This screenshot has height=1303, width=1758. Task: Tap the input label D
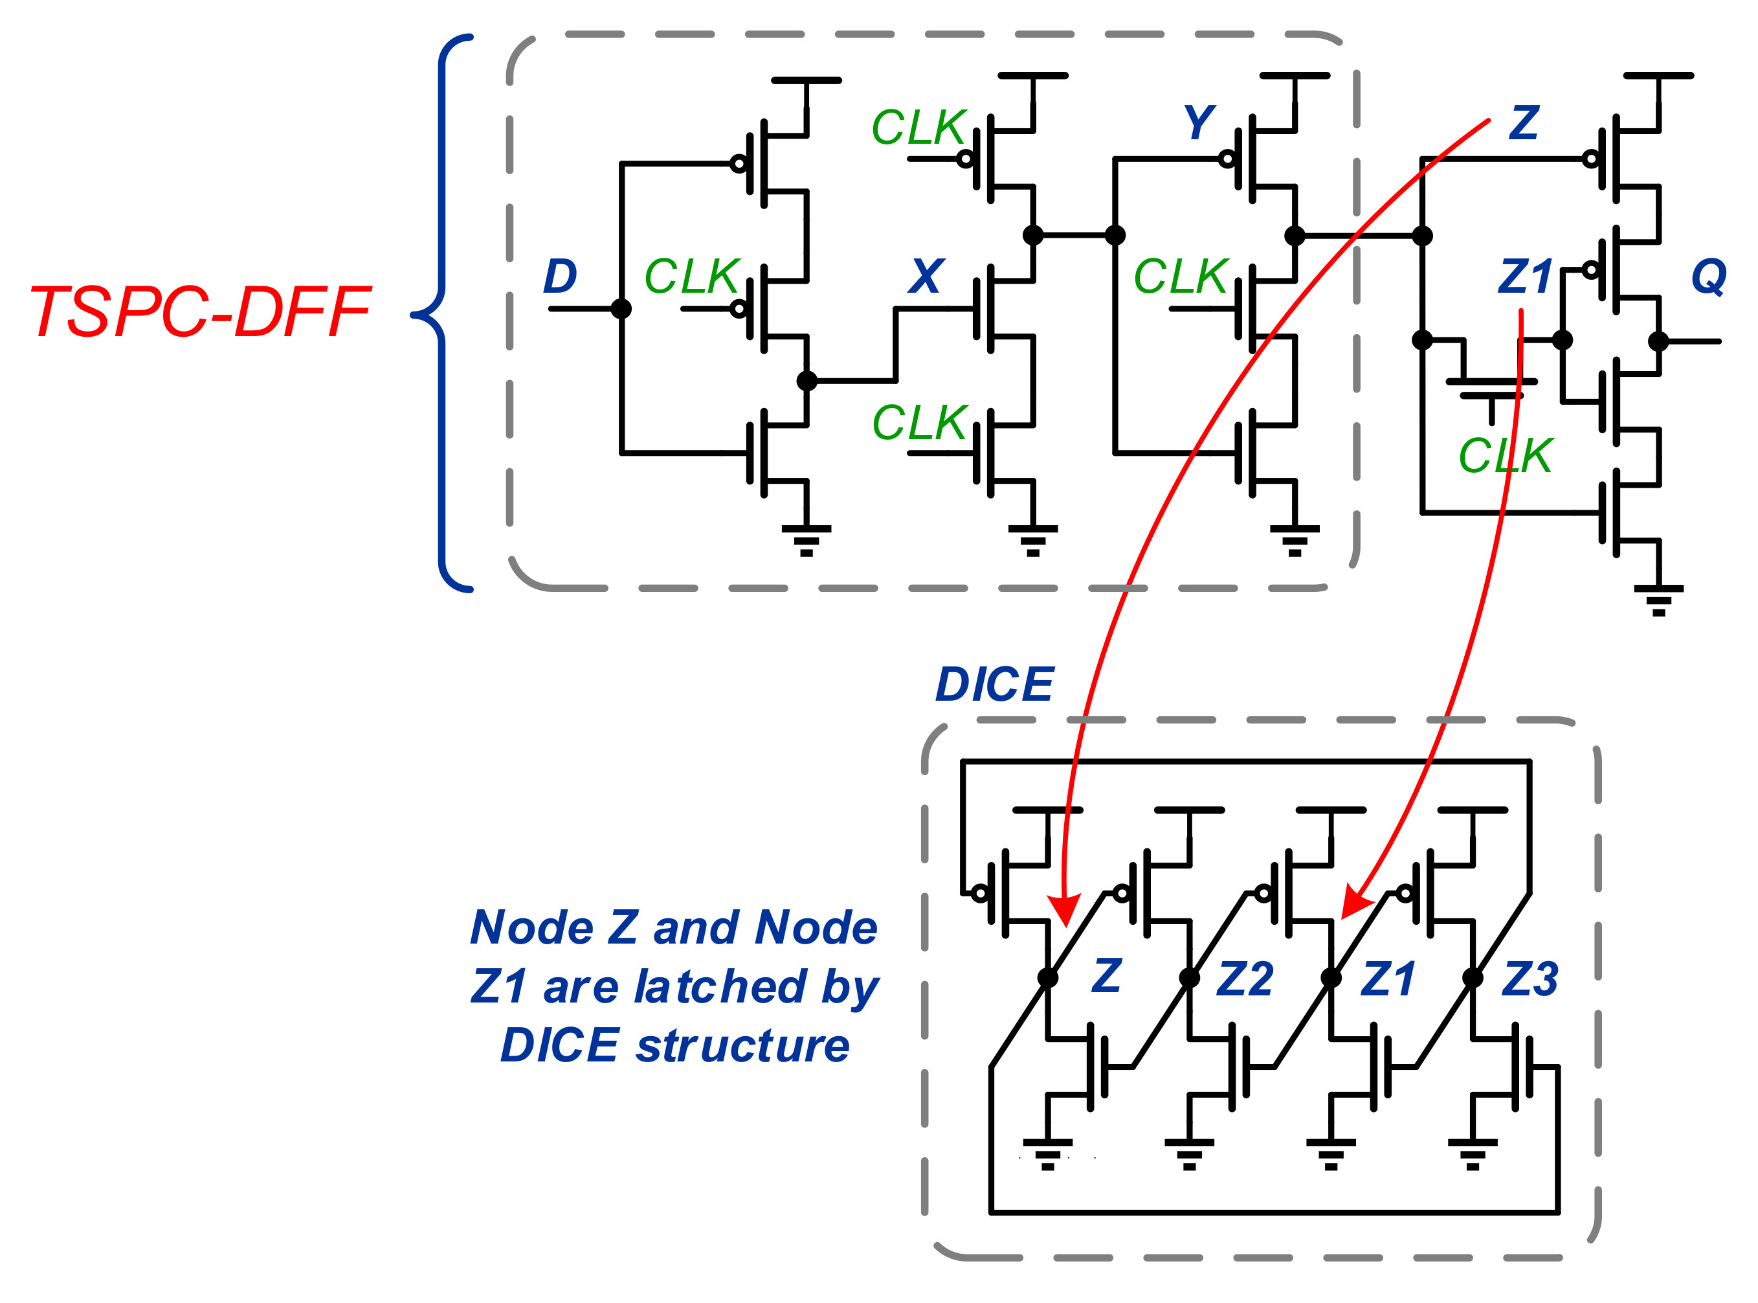(x=560, y=277)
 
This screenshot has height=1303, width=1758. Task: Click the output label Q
(x=1708, y=277)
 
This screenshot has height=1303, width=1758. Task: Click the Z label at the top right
(x=1524, y=123)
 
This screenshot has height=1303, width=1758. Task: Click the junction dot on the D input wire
(x=621, y=308)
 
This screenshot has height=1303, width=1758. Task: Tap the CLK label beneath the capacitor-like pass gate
(x=1505, y=456)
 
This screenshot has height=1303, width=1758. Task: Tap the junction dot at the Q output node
(x=1659, y=341)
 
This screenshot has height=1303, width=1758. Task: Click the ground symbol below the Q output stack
(x=1659, y=600)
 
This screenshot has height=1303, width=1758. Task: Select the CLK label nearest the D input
(x=691, y=277)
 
